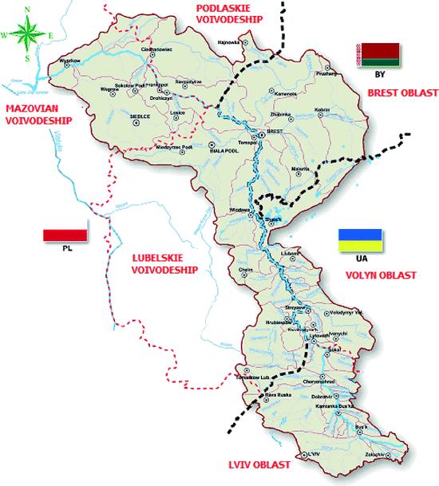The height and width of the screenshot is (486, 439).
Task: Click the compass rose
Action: (x=28, y=33)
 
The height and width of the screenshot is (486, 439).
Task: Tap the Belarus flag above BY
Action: (x=379, y=54)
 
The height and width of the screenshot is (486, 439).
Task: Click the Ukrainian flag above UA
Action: (x=361, y=239)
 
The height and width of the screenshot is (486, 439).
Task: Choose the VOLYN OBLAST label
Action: (x=381, y=275)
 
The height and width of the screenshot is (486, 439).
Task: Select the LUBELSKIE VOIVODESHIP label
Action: (x=164, y=263)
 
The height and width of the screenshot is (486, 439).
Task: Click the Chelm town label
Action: (x=244, y=270)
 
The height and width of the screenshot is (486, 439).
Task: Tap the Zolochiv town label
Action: (x=375, y=454)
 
